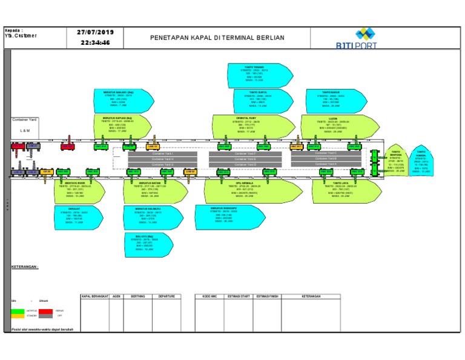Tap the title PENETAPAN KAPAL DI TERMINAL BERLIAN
click(217, 38)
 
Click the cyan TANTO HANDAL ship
click(421, 162)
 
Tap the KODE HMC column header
click(208, 296)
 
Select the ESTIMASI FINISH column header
click(267, 296)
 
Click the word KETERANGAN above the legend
click(25, 266)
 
